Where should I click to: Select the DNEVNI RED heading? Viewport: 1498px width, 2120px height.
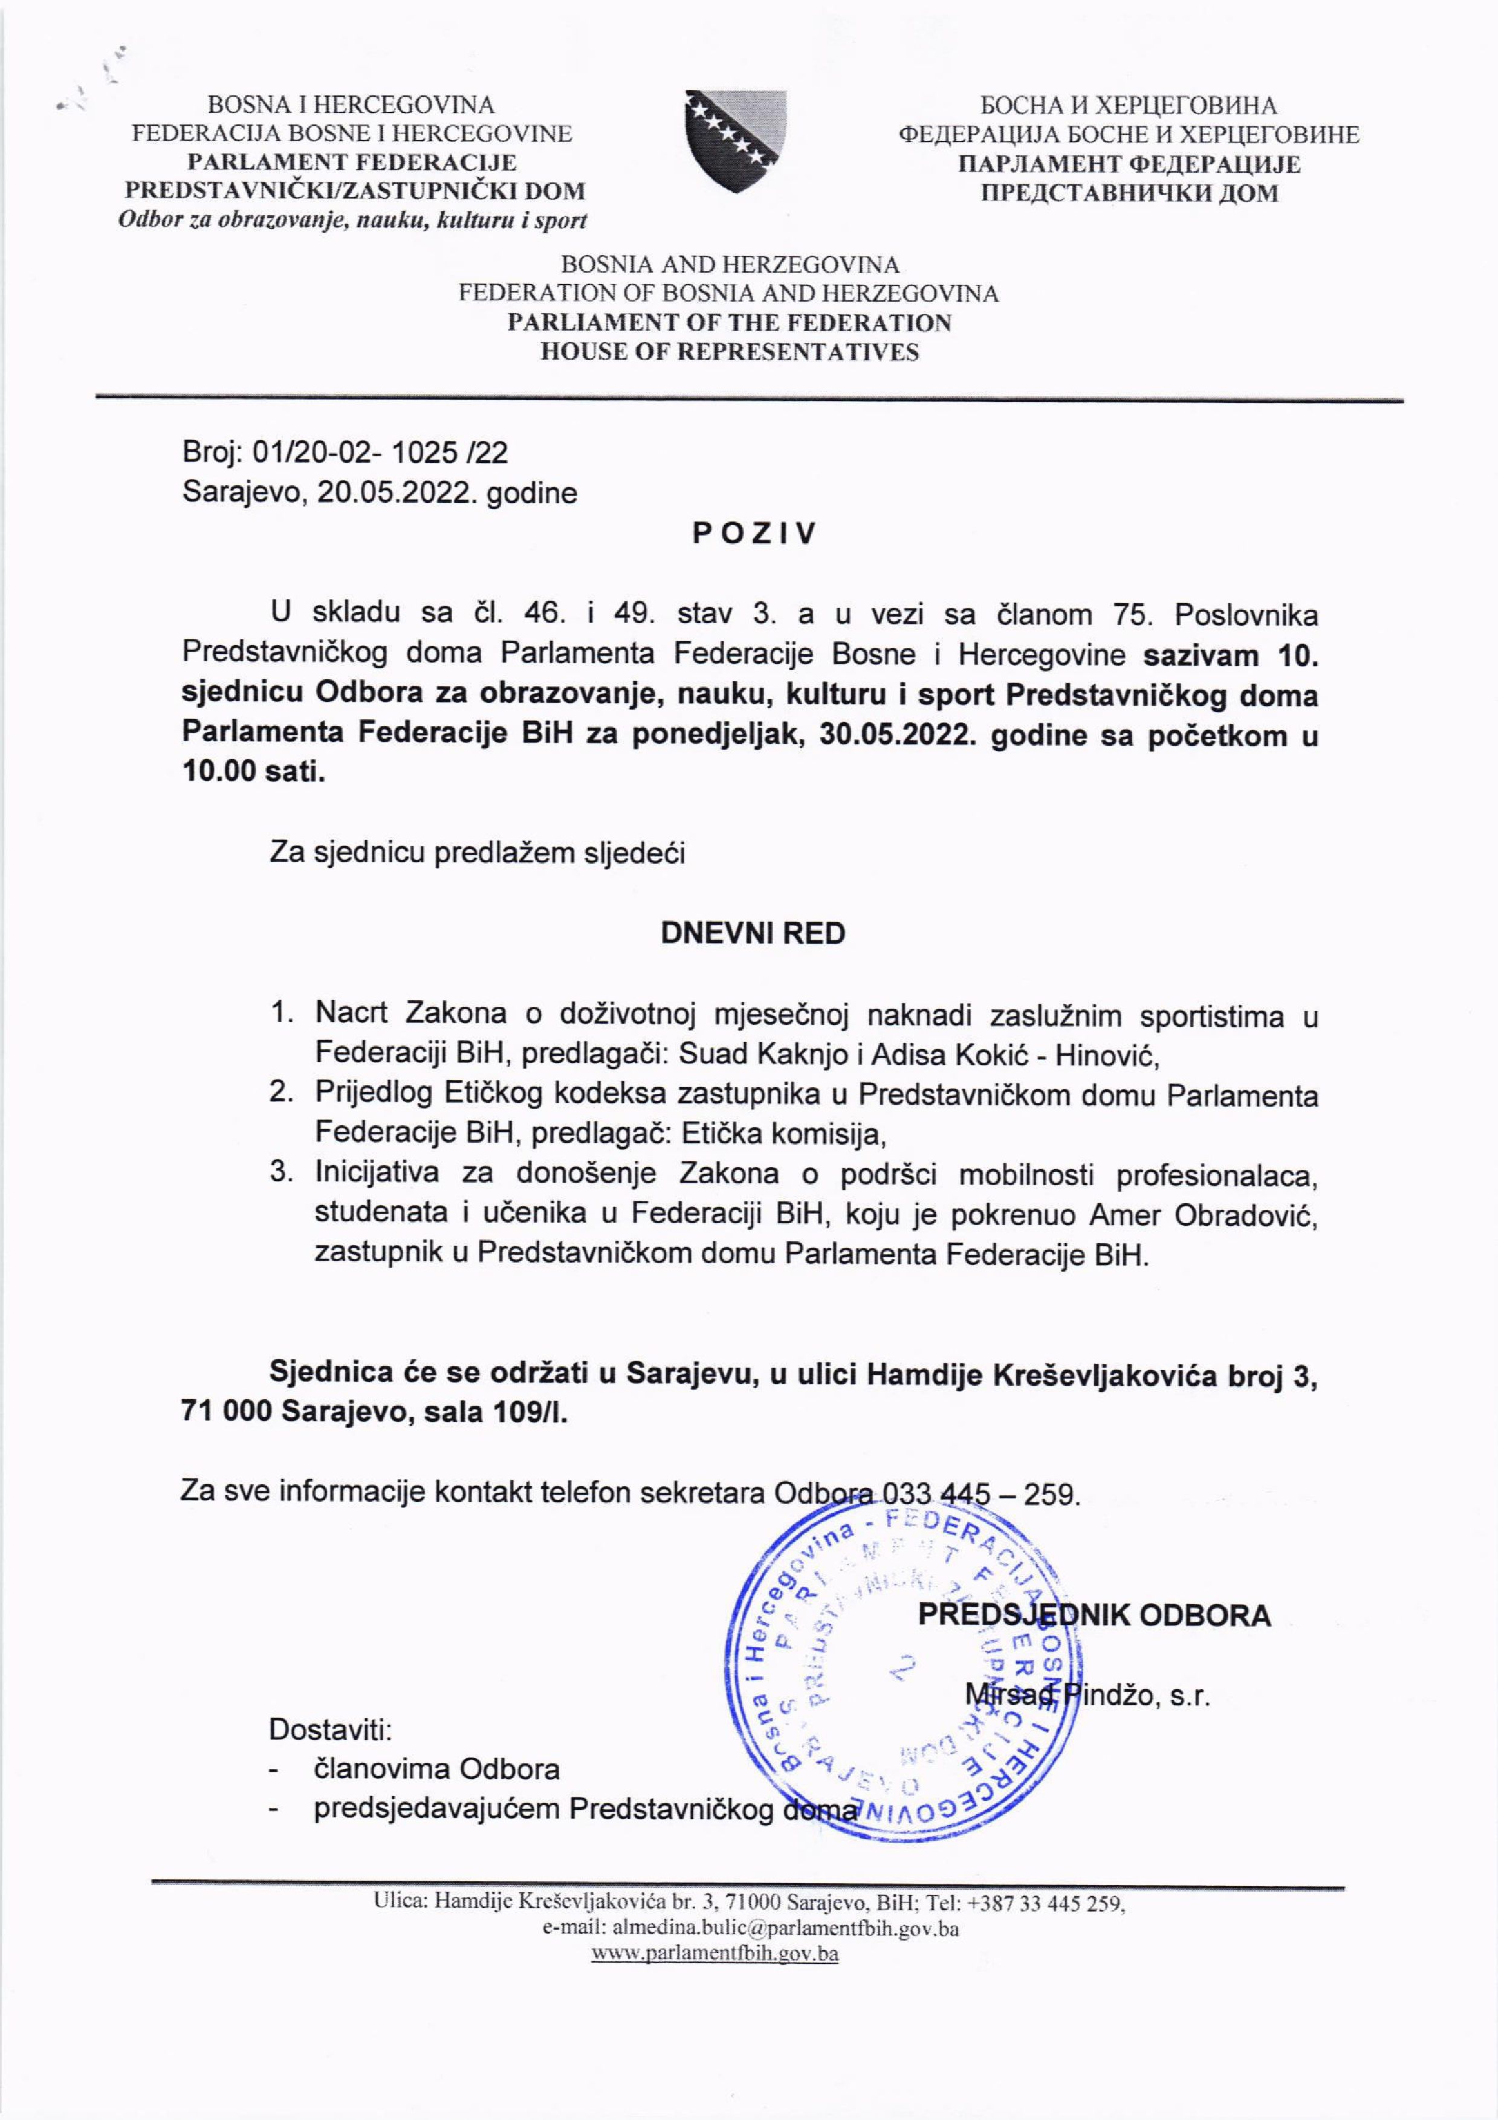tap(753, 934)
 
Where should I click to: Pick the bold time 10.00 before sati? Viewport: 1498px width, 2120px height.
tap(219, 772)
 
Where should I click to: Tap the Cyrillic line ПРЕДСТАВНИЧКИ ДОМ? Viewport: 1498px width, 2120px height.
tap(1129, 193)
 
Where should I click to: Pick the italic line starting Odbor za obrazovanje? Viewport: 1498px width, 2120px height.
tap(353, 221)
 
